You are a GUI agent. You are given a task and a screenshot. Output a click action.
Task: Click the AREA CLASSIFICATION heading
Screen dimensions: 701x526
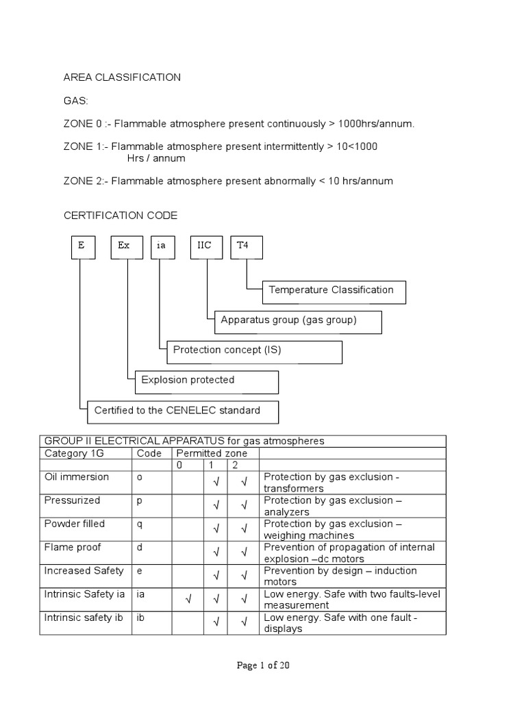tap(123, 77)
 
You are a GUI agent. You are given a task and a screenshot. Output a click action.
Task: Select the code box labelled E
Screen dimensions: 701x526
tap(82, 246)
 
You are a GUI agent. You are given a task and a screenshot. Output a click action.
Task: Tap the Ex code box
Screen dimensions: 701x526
tap(126, 246)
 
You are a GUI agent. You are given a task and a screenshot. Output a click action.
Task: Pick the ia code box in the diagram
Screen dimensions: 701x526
tap(162, 246)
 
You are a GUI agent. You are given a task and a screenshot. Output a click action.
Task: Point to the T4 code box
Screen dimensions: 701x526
tap(245, 246)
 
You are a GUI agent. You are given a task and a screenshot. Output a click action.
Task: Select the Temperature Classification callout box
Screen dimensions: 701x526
tap(334, 291)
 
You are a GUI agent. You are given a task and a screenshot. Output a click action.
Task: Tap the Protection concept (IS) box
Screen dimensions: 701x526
tap(253, 351)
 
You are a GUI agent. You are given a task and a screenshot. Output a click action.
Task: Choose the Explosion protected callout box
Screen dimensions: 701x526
tap(206, 381)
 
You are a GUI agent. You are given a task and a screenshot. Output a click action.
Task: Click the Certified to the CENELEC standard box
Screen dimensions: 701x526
tap(183, 411)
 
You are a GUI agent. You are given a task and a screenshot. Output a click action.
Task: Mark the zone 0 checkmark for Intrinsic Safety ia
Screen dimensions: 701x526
tap(187, 600)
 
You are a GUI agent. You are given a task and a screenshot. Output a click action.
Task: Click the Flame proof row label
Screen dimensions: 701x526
tap(74, 548)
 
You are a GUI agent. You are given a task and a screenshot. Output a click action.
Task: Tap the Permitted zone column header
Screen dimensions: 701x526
tap(212, 453)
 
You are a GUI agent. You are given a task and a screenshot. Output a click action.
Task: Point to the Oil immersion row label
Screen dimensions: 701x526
tap(76, 477)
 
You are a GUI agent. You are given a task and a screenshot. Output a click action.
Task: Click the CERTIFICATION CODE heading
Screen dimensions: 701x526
tap(121, 216)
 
